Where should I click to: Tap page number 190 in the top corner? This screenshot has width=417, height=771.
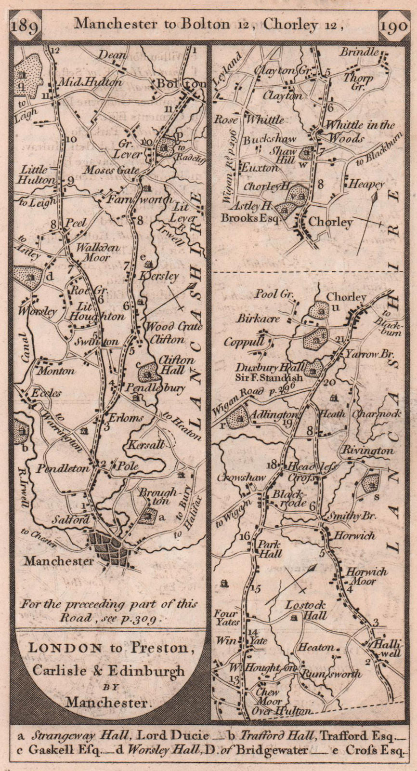[393, 25]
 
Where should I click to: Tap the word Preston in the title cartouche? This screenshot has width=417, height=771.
[163, 648]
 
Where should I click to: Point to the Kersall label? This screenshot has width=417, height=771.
[143, 445]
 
